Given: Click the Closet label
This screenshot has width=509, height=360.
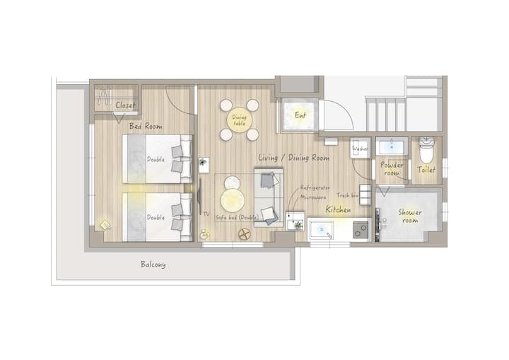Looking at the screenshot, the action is click(125, 105).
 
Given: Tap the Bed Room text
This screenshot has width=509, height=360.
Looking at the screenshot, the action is click(146, 126).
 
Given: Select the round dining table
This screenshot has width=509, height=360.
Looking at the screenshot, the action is click(240, 120).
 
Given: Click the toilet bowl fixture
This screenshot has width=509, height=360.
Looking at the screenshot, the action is click(426, 149).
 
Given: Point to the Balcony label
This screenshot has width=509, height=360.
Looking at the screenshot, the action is click(153, 265).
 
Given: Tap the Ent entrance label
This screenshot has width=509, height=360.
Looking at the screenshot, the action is click(300, 115).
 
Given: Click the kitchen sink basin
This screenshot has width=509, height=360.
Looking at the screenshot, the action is click(322, 230).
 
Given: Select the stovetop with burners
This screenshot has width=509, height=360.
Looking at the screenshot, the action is click(361, 230).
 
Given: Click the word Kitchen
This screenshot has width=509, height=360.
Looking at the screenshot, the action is click(338, 209).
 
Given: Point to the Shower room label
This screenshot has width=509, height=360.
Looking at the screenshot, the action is click(410, 216).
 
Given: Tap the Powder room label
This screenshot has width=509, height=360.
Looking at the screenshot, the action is click(392, 168).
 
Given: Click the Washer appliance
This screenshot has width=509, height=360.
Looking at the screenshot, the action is click(361, 148).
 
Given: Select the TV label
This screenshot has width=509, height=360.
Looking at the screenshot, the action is click(206, 214).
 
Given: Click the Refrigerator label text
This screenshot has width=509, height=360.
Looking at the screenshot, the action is click(315, 188).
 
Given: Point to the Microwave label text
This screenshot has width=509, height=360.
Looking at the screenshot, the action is click(313, 197).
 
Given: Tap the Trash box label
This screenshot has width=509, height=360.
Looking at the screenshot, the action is click(347, 195).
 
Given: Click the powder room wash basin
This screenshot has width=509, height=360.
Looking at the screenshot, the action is click(392, 146).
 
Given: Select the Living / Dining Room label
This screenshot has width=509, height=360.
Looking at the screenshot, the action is click(294, 158).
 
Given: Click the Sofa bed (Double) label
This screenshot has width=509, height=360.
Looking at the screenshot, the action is click(238, 217).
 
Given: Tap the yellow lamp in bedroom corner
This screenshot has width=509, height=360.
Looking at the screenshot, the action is click(105, 226).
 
